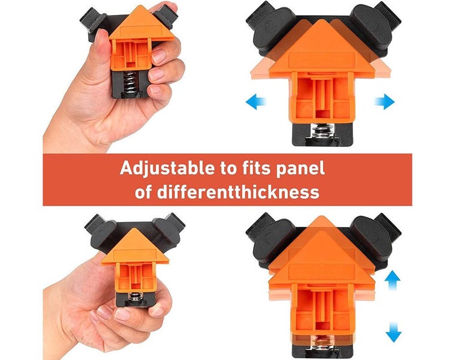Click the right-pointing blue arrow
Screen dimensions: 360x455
pyautogui.click(x=384, y=101)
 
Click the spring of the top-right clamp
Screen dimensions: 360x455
pyautogui.click(x=322, y=131)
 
